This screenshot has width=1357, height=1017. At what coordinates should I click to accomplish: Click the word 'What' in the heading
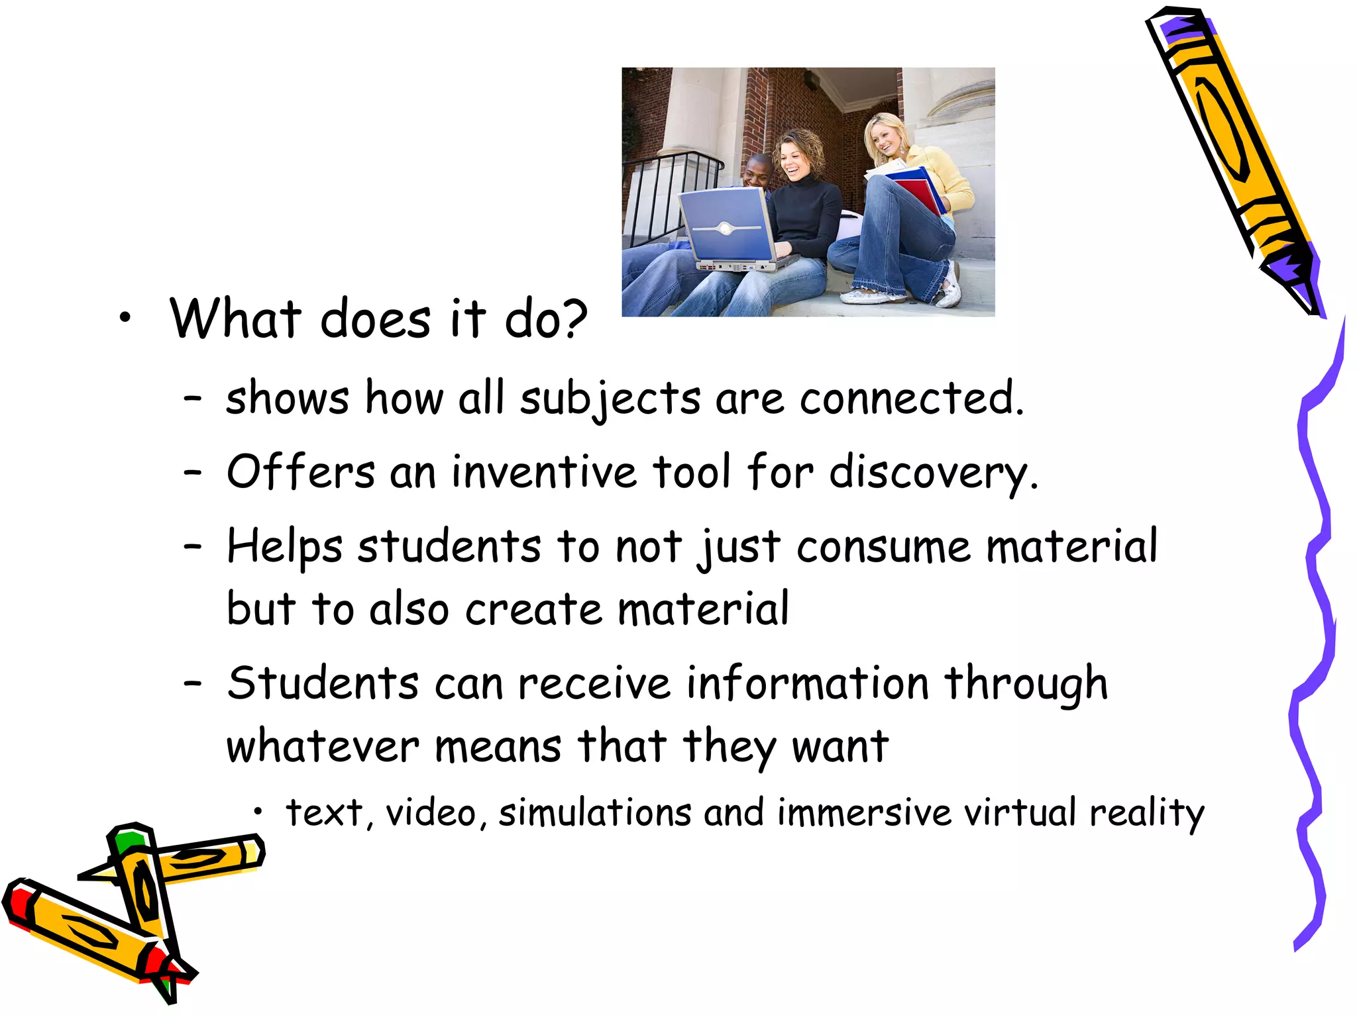point(236,319)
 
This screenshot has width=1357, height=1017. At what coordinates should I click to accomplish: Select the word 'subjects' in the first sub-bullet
point(610,400)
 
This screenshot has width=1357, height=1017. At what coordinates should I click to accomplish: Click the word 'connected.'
point(912,399)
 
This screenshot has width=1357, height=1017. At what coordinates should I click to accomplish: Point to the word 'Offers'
point(301,473)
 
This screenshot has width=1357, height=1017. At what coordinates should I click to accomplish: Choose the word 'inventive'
point(544,473)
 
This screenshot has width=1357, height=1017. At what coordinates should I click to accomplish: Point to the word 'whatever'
point(323,748)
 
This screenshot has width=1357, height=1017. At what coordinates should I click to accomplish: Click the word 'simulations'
point(595,813)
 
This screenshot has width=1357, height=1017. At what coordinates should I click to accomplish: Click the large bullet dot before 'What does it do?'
point(125,319)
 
